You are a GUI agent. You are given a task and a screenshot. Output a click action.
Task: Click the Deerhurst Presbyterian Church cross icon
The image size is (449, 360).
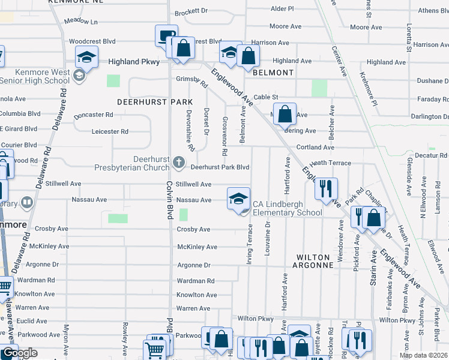pyautogui.click(x=179, y=163)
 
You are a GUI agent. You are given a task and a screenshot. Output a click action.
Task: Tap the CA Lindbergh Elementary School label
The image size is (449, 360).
pyautogui.click(x=287, y=208)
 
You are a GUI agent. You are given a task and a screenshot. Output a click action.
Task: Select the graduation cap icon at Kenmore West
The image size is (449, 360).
pyautogui.click(x=86, y=58)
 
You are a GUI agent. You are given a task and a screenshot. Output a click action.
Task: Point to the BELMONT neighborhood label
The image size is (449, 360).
pyautogui.click(x=273, y=73)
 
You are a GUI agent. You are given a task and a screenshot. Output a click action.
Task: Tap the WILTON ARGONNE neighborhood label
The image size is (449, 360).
pyautogui.click(x=314, y=260)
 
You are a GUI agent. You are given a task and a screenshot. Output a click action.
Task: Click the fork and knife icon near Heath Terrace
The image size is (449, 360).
pyautogui.click(x=326, y=188)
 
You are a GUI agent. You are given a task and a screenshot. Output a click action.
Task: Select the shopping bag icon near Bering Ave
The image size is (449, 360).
pyautogui.click(x=285, y=112)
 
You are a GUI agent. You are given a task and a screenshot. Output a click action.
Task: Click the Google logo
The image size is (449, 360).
pyautogui.click(x=19, y=353)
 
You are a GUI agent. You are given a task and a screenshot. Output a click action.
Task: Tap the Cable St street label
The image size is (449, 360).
pyautogui.click(x=266, y=97)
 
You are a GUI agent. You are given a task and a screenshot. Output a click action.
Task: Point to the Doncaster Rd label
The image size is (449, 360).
pyautogui.click(x=93, y=115)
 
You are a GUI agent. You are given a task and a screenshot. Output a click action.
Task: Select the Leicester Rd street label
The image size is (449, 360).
pyautogui.click(x=110, y=131)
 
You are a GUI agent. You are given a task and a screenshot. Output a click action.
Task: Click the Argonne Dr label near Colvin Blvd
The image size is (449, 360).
pyautogui.click(x=194, y=265)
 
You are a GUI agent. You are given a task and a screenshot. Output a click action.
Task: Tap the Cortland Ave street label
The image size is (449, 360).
pyautogui.click(x=315, y=147)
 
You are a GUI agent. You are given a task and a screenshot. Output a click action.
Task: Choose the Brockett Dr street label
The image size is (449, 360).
pyautogui.click(x=191, y=11)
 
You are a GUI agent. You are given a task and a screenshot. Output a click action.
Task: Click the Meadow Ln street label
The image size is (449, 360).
pyautogui.click(x=80, y=21)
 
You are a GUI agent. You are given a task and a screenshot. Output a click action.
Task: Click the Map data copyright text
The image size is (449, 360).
pyautogui.click(x=423, y=355)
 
